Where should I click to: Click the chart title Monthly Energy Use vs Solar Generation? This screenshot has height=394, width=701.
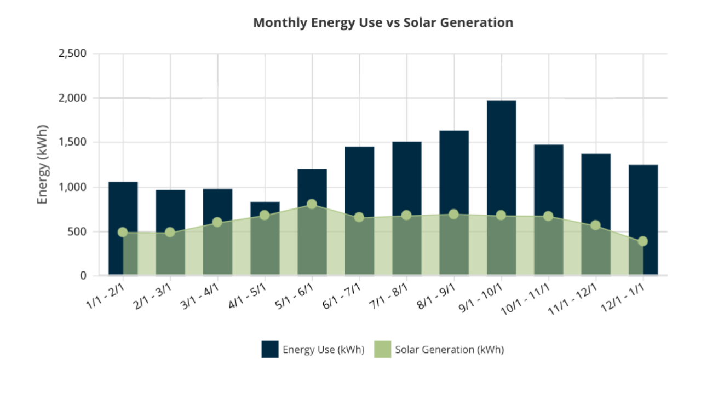click(x=383, y=23)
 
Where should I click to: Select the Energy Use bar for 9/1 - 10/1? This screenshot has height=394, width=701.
click(x=501, y=159)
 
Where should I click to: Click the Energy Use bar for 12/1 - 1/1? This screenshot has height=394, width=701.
click(x=643, y=197)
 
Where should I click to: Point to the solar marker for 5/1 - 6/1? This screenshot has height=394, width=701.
click(x=312, y=204)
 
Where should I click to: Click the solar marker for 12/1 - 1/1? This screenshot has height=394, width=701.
click(x=642, y=241)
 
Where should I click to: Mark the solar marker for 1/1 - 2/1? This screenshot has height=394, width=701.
click(x=123, y=233)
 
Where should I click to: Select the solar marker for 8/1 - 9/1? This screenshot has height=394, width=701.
click(x=453, y=214)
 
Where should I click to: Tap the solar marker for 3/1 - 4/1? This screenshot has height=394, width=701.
click(x=217, y=222)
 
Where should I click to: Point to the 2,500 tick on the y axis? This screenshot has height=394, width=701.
click(x=72, y=54)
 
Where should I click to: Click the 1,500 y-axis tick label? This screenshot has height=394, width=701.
click(x=72, y=143)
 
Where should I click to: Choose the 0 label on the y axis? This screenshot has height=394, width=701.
click(x=83, y=276)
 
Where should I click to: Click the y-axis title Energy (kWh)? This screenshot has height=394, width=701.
click(x=43, y=165)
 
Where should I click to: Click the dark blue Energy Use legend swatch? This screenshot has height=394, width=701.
click(x=270, y=350)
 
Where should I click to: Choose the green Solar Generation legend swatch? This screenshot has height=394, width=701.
click(x=382, y=350)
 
